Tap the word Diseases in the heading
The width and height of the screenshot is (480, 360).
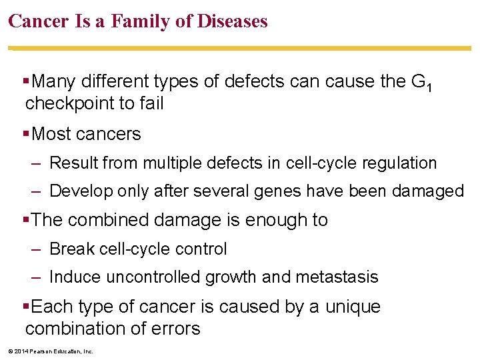click(x=232, y=21)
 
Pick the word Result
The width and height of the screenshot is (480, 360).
click(x=71, y=163)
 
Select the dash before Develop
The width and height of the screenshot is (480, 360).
click(x=37, y=191)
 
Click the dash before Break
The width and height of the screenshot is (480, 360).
click(x=37, y=249)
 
